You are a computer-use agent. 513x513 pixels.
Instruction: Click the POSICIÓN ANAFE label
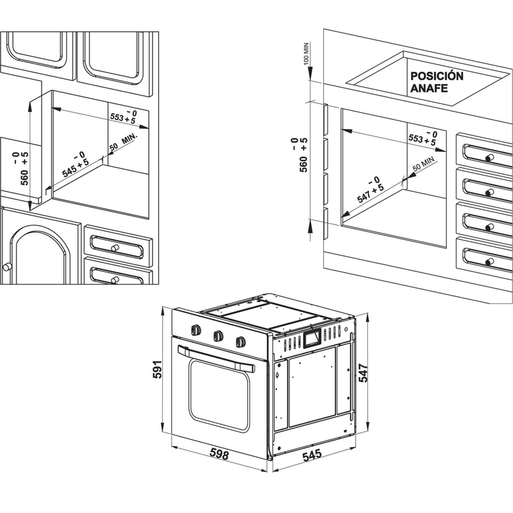437,82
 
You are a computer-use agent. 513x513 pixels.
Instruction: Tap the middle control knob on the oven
219,335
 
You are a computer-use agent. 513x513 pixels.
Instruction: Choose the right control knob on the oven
240,341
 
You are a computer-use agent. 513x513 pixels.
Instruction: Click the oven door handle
215,357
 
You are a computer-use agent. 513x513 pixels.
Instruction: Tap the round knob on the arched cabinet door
7,265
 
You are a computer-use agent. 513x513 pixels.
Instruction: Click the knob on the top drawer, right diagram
490,158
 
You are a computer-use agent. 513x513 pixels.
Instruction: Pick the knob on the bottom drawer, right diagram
490,260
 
